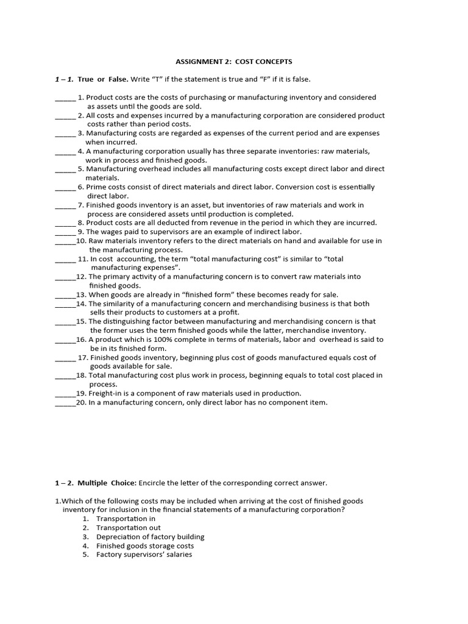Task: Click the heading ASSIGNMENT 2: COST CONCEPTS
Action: pos(234,62)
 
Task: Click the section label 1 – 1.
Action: pos(64,79)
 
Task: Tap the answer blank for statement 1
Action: pos(65,97)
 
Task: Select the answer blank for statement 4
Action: pos(65,151)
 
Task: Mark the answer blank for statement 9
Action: pos(65,232)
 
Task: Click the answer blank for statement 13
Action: pos(65,294)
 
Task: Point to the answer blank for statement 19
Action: pos(65,393)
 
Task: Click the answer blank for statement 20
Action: pos(65,402)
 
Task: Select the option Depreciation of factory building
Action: pos(150,537)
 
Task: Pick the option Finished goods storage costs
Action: pos(145,546)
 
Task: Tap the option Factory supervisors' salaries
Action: pos(144,555)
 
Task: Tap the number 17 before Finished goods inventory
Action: pos(82,358)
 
